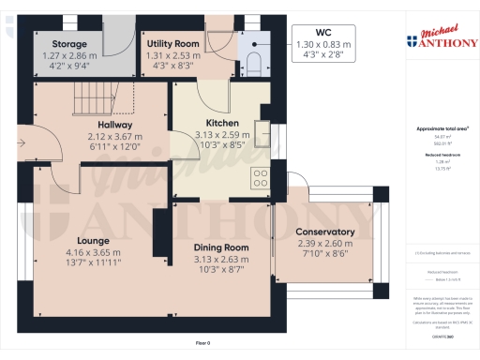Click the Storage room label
pyautogui.click(x=69, y=43)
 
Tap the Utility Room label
pyautogui.click(x=173, y=43)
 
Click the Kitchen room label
pyautogui.click(x=222, y=123)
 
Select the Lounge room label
pyautogui.click(x=94, y=240)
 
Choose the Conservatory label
pyautogui.click(x=324, y=232)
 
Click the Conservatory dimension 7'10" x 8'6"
pyautogui.click(x=324, y=252)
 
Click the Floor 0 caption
pyautogui.click(x=202, y=344)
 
